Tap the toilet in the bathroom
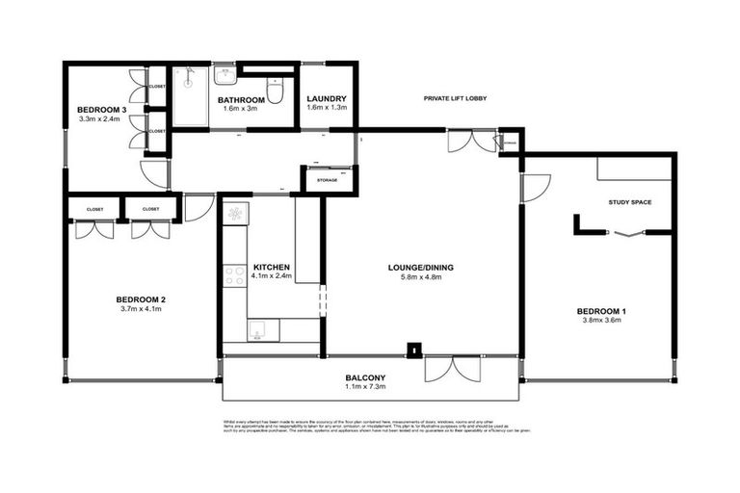tap(276, 93)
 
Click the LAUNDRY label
tap(327, 99)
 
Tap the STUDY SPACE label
tap(631, 202)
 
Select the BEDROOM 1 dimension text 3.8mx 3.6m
tap(601, 321)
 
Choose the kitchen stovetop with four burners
tap(235, 276)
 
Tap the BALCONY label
tap(366, 377)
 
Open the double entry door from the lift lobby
tap(472, 142)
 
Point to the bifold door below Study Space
tap(624, 232)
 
